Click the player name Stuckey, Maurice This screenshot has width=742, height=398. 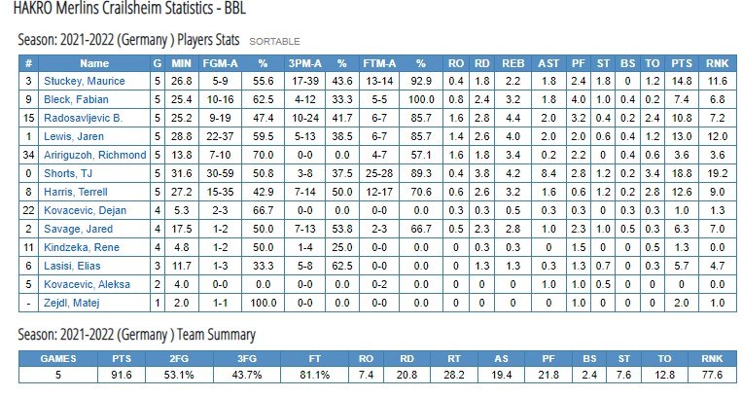85,81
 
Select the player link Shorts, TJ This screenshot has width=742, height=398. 68,173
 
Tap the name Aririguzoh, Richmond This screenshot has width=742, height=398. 94,155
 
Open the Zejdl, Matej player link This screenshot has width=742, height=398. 71,303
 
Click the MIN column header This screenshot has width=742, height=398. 181,63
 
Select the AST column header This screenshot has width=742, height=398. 548,63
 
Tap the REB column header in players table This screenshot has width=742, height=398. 512,63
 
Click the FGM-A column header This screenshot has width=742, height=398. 220,63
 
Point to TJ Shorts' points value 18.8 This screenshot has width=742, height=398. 682,173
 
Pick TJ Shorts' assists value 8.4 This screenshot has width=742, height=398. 548,173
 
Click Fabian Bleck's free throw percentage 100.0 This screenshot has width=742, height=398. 421,99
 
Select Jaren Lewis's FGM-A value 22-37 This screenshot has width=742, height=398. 220,136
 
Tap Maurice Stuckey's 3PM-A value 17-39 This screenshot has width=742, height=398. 305,81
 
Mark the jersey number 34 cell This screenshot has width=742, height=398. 28,155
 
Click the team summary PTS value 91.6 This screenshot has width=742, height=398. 122,375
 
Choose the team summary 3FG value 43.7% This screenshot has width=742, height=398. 247,375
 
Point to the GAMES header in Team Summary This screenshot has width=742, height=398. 58,359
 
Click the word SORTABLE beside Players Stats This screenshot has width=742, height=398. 274,42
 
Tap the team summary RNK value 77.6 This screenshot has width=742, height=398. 712,375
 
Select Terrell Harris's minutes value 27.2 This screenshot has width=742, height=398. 181,192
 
